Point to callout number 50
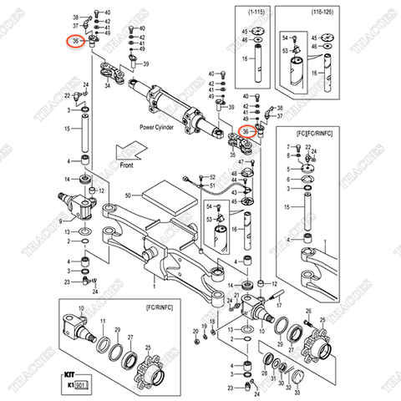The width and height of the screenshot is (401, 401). pos(128,195)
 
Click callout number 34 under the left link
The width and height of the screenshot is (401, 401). pos(109,84)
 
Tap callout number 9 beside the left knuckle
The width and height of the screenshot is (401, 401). pos(58,221)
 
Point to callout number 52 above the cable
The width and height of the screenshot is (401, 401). pos(212,177)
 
